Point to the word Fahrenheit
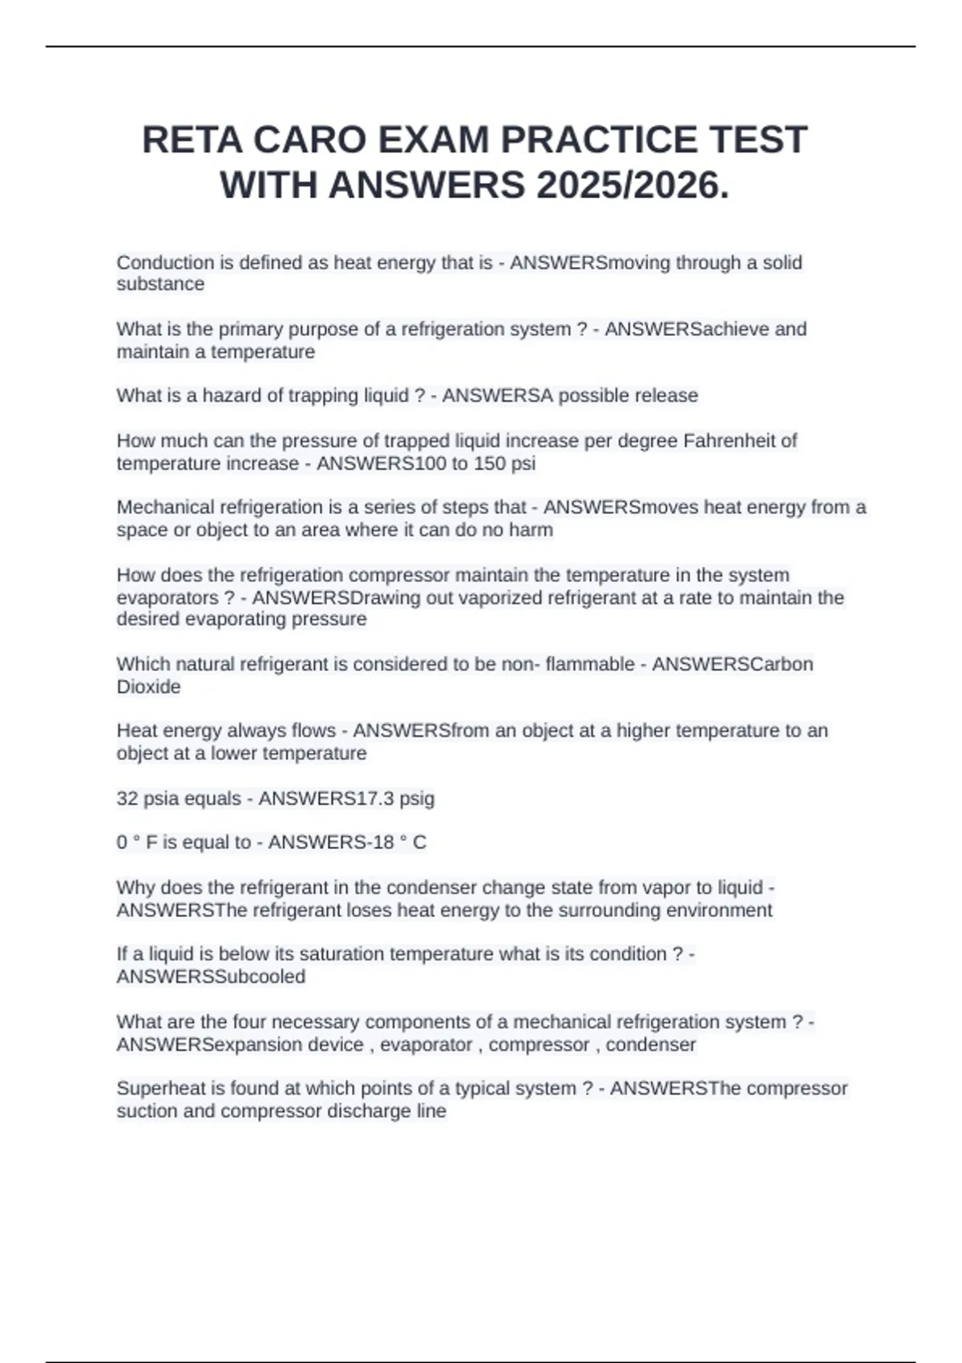pos(730,440)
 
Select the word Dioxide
pos(148,686)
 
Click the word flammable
pos(589,664)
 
